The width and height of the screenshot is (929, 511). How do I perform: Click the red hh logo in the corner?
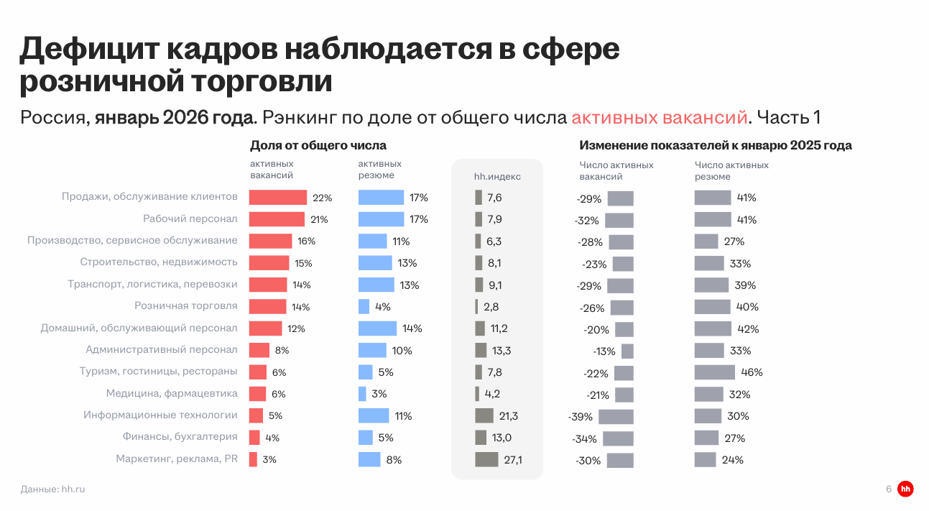pyautogui.click(x=905, y=489)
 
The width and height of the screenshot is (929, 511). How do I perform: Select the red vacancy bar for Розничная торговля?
pyautogui.click(x=267, y=307)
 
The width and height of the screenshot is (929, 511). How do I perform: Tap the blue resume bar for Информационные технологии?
pyautogui.click(x=374, y=415)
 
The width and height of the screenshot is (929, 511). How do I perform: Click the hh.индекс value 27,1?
pyautogui.click(x=512, y=460)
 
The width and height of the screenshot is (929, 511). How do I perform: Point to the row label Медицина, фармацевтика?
pyautogui.click(x=172, y=394)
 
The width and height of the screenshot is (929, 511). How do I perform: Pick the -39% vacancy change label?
pyautogui.click(x=580, y=417)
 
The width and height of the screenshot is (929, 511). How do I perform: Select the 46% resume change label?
pyautogui.click(x=752, y=372)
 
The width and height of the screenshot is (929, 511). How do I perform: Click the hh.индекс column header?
pyautogui.click(x=497, y=176)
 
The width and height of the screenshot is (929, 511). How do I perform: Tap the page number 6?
pyautogui.click(x=889, y=489)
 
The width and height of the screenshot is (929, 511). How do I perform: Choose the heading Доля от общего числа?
pyautogui.click(x=318, y=145)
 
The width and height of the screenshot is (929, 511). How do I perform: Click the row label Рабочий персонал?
pyautogui.click(x=190, y=219)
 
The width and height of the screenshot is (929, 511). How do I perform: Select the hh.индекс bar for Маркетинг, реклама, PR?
pyautogui.click(x=486, y=459)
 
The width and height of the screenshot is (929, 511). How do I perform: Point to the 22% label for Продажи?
pyautogui.click(x=322, y=198)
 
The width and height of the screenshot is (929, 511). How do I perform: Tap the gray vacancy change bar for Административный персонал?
pyautogui.click(x=627, y=351)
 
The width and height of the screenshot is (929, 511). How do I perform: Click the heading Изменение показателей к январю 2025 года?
pyautogui.click(x=716, y=145)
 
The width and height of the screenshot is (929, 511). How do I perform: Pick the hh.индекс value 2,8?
pyautogui.click(x=491, y=307)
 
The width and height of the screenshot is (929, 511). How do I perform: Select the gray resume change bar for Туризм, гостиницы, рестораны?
pyautogui.click(x=714, y=372)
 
